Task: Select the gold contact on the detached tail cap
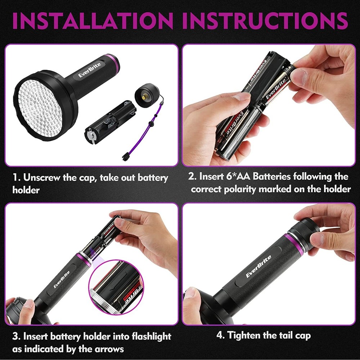click(x=144, y=96)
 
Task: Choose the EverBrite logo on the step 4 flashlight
click(x=258, y=267)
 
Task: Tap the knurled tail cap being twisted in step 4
click(x=305, y=230)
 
